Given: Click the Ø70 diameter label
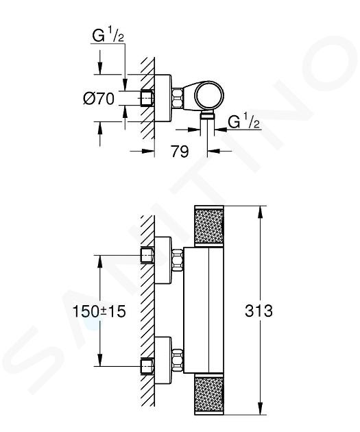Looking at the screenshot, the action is (99, 98).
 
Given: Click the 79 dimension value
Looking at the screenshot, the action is (180, 152).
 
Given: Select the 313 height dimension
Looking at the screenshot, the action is (259, 311).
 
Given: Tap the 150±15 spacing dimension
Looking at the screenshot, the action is (99, 311).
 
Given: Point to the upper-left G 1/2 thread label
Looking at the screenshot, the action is (108, 36).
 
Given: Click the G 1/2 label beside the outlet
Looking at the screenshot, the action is (243, 121).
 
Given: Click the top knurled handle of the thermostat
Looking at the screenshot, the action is (209, 226).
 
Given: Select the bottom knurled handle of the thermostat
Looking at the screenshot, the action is (209, 394).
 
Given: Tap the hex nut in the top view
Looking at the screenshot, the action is (178, 97).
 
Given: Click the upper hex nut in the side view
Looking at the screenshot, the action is (178, 260).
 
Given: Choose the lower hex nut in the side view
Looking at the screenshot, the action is (178, 360).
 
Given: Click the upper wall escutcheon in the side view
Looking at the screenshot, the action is (163, 260).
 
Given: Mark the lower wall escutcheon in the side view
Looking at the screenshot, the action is (163, 360).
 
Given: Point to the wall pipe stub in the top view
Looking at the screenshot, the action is (147, 98).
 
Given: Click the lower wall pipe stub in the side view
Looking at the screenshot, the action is (147, 366).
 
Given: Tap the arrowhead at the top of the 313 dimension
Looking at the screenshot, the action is (260, 212).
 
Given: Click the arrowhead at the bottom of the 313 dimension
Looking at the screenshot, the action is (260, 408).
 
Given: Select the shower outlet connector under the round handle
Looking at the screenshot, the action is (207, 115).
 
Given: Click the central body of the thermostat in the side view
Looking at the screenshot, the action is (203, 310).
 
